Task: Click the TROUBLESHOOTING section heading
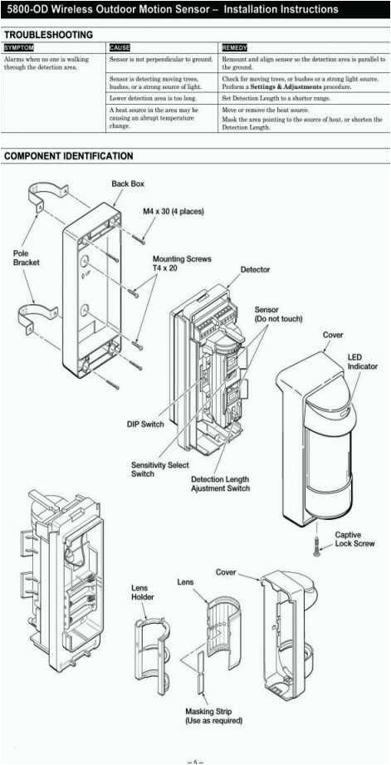[x=48, y=35]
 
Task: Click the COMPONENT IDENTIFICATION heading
[x=68, y=156]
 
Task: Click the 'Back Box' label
[x=128, y=184]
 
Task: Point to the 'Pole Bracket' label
[x=26, y=257]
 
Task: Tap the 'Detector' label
[x=255, y=270]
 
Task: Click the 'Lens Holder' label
[x=143, y=592]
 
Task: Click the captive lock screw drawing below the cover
[x=316, y=544]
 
